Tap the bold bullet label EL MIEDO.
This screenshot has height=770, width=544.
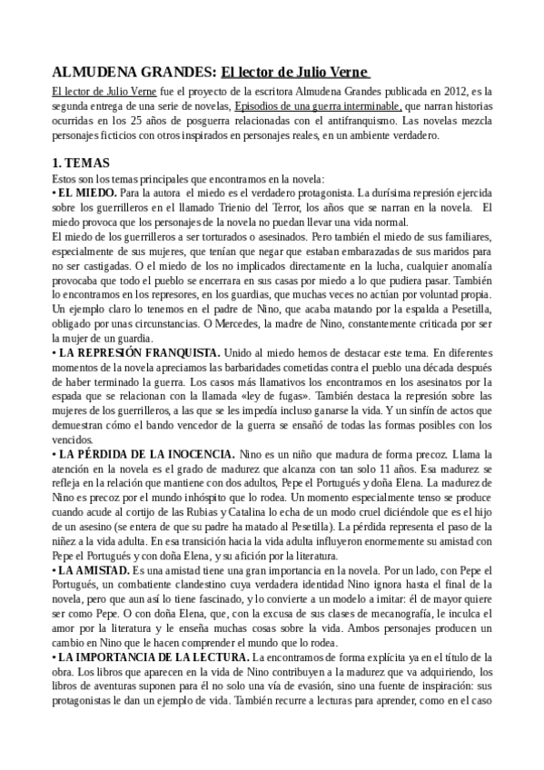(86, 192)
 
